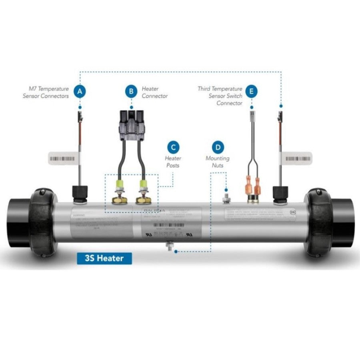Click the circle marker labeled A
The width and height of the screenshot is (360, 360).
[x=80, y=92]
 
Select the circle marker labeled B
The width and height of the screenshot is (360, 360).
[x=131, y=92]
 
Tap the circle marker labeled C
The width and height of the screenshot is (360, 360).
[x=173, y=147]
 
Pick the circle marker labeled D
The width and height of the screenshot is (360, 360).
[x=218, y=147]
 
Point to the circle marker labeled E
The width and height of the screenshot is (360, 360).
[x=251, y=92]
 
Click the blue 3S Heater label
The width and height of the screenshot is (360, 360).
[x=104, y=258]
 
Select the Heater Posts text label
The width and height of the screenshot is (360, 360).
[x=173, y=162]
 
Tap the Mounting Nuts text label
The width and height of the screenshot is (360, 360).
[x=218, y=162]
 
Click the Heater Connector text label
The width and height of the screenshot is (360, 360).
[x=154, y=92]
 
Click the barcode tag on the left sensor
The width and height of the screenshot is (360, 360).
[x=62, y=158]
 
